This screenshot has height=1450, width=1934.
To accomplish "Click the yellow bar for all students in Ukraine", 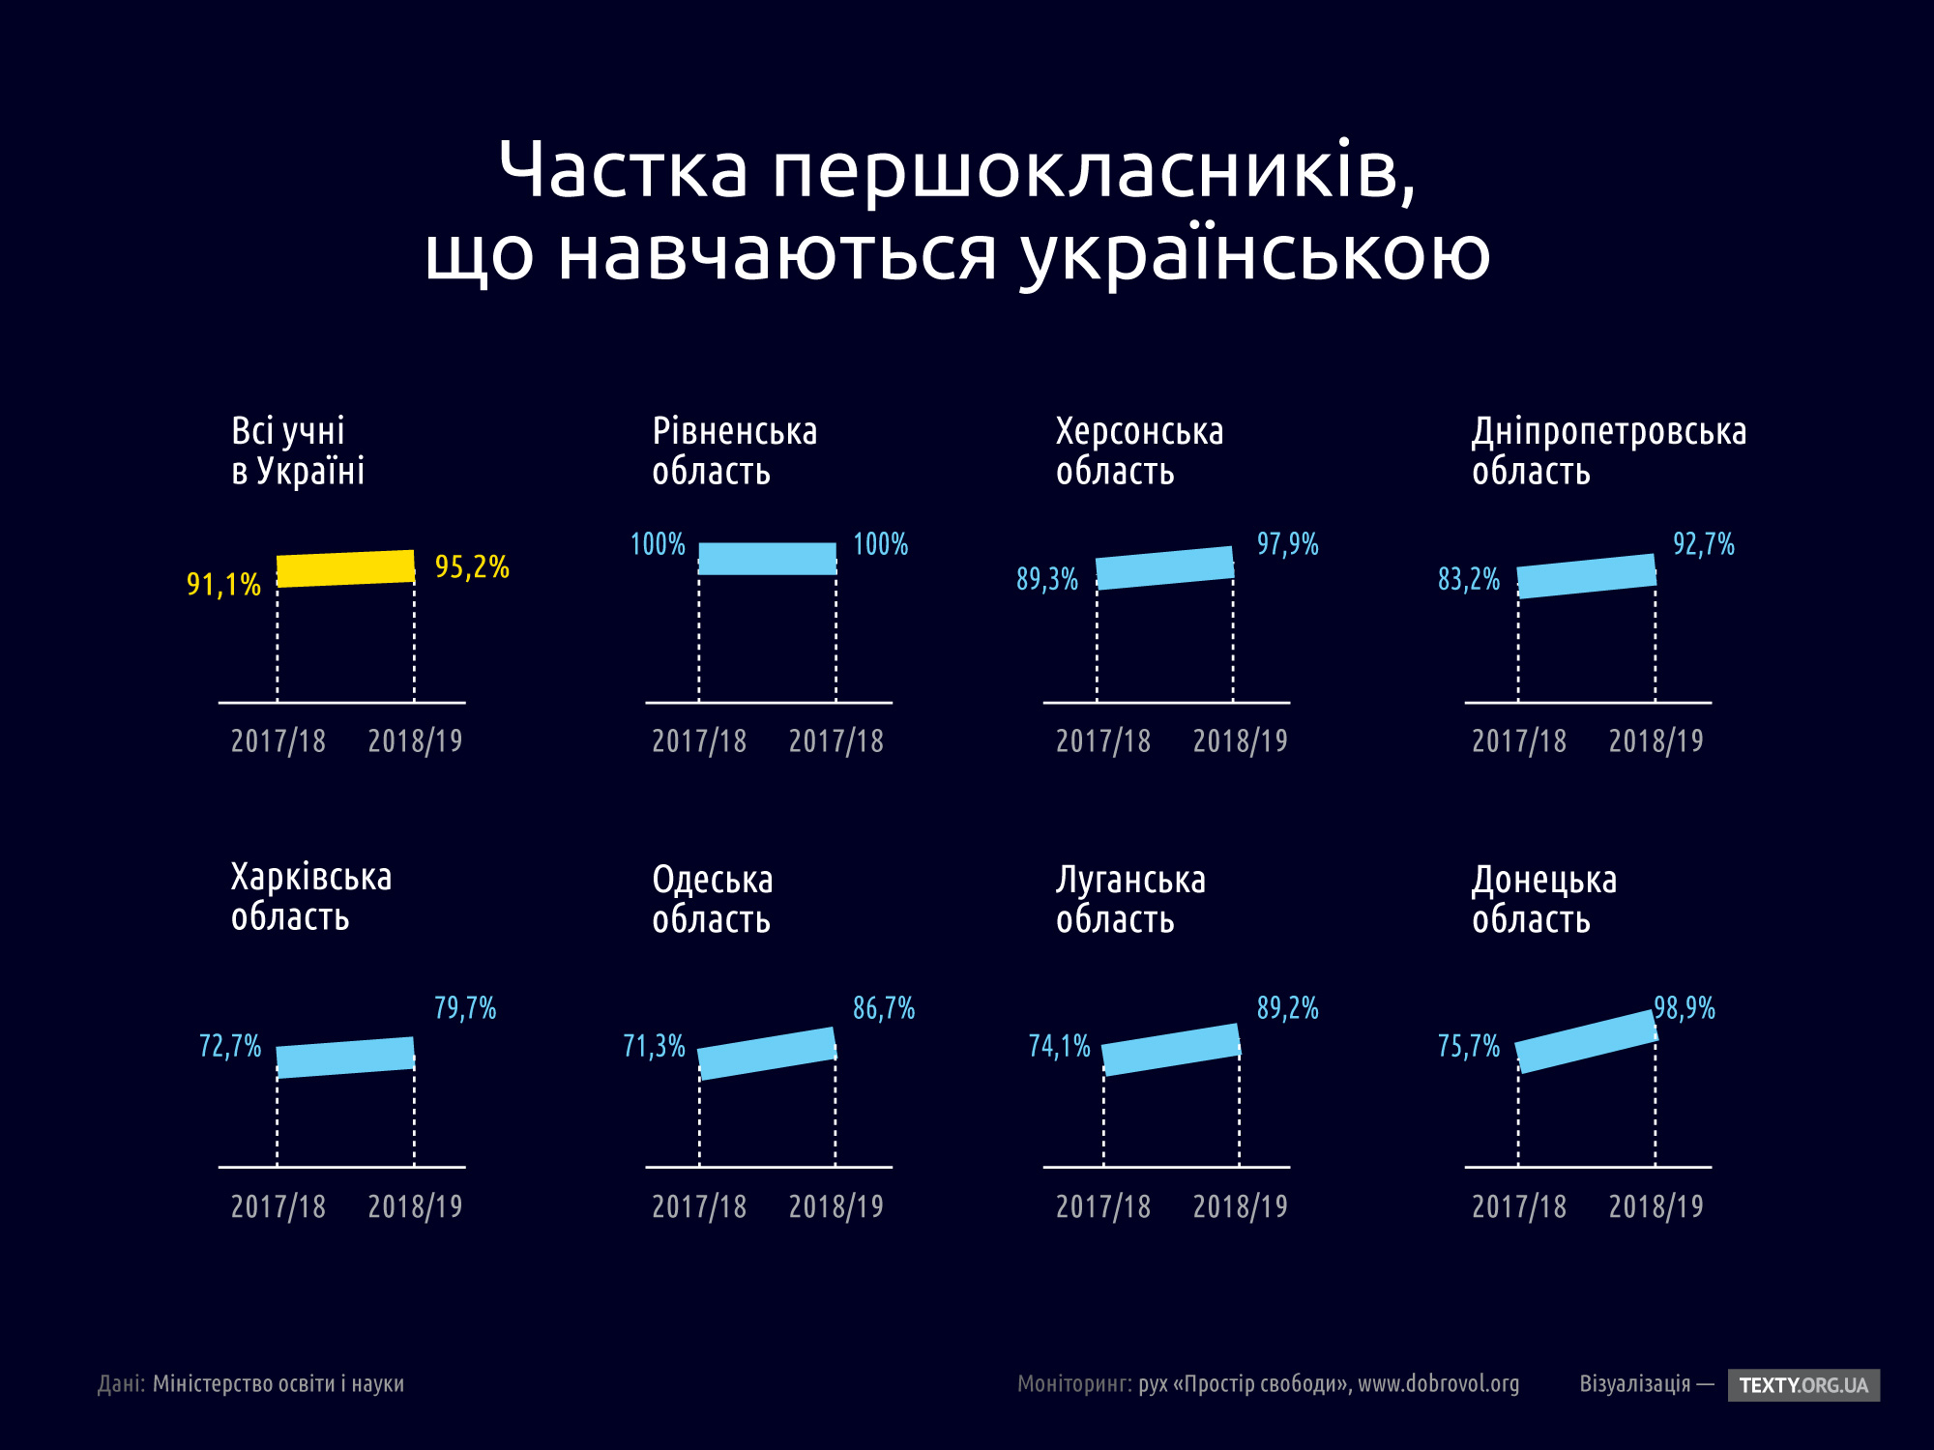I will pos(345,568).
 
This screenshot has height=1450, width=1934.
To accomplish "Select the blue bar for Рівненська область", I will pos(767,559).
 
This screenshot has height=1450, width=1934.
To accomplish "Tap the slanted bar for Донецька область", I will pos(1586,1041).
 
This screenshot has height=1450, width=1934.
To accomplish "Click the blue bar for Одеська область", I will pos(767,1053).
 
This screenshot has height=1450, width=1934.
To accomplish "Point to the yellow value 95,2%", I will pos(472,566).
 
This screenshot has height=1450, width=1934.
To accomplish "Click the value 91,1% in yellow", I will pos(223,585).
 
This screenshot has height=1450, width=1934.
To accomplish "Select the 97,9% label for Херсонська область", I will pos(1287,544).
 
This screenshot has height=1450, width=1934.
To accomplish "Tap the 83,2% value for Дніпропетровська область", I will pos(1468,580).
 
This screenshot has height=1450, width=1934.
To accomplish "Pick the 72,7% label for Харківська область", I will pos(230,1046).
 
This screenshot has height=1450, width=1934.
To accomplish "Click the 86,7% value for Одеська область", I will pos(883,1009).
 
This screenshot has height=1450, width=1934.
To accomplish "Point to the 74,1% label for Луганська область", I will pos(1059,1046).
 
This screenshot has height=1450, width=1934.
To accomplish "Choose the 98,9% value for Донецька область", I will pos(1685,1009).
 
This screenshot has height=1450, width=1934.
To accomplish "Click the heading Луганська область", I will pos(1129,899).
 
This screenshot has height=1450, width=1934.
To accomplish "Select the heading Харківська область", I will pos(310,897).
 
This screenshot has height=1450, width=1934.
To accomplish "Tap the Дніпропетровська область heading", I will pos(1608,451).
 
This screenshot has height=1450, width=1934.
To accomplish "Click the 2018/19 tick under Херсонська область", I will pos(1240,741).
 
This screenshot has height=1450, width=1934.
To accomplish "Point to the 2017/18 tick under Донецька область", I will pos(1518,1206).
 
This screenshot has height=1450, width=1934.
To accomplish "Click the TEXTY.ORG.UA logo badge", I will pos(1803,1385).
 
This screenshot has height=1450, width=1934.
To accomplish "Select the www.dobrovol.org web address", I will pos(1438,1384).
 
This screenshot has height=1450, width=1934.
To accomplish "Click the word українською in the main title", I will pos(1255,253).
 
